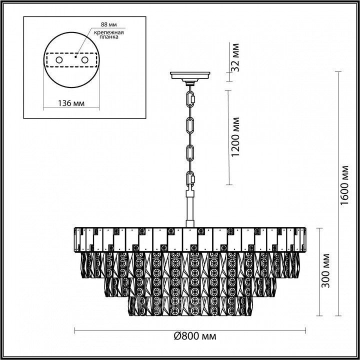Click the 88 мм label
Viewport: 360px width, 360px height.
[x=109, y=24]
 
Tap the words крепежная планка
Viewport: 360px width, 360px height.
[x=109, y=34]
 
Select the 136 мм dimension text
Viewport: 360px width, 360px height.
[x=71, y=103]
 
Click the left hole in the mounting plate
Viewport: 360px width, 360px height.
[x=59, y=60]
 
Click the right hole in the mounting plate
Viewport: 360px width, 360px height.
[x=84, y=60]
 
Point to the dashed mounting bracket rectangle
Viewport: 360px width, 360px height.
[x=71, y=53]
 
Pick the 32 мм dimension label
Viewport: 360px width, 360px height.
[x=235, y=57]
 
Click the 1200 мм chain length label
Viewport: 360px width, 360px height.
[x=235, y=137]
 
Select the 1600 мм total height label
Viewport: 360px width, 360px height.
[x=344, y=185]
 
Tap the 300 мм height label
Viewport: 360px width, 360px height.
[x=325, y=270]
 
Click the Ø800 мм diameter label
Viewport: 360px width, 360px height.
[x=195, y=336]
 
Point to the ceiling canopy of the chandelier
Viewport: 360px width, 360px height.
[x=190, y=77]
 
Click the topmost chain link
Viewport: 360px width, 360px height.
[x=190, y=99]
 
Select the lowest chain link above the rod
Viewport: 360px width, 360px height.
[x=190, y=179]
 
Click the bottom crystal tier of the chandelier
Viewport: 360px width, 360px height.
[x=189, y=306]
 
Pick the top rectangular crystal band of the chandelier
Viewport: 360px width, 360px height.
[x=190, y=239]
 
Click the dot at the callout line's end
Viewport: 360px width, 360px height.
[x=75, y=56]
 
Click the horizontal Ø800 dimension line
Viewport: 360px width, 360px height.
[x=190, y=330]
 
